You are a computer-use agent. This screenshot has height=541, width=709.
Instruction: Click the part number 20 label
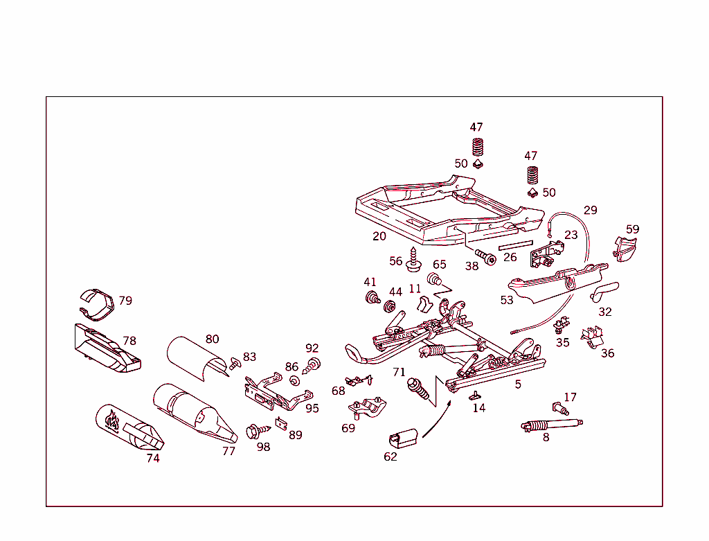pos(379,236)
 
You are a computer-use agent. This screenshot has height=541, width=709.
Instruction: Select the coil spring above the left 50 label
pos(476,147)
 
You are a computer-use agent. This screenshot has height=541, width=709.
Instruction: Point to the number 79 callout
pos(125,301)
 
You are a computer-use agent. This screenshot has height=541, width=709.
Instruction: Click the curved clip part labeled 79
pos(96,303)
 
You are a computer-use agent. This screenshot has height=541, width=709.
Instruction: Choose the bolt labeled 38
pos(483,255)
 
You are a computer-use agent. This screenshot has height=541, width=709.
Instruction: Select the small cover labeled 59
pos(626,248)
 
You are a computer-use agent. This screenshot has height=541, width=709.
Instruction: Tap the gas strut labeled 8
pos(551,423)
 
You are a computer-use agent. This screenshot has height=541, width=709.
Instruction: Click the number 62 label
pos(391,456)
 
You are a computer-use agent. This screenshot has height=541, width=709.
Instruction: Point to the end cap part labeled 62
pos(403,437)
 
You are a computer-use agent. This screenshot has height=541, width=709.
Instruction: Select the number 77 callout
pos(228,451)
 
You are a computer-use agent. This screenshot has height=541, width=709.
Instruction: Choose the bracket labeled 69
pos(368,408)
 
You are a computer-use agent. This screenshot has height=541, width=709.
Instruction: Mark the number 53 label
pos(507,300)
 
